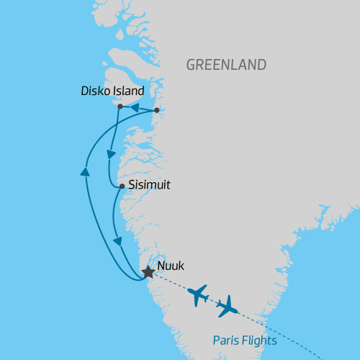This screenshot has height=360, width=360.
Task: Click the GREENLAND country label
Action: coord(226,65)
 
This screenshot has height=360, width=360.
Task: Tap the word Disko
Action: coord(98,91)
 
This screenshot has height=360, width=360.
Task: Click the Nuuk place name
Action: coord(171,266)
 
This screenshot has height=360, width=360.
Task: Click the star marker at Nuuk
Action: coord(148,272)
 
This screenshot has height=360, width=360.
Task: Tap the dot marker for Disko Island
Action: coord(120,107)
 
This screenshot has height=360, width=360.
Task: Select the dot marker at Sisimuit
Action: coord(122,186)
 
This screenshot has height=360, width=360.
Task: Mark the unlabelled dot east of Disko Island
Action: coord(157,110)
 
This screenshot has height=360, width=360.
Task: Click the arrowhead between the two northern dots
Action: coord(134,108)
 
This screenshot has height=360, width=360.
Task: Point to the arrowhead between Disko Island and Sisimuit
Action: coord(111,154)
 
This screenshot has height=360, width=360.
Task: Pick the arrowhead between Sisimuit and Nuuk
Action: coord(117,240)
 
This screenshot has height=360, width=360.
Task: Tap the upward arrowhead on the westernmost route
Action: coord(85,171)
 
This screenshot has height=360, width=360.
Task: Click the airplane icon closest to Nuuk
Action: coord(197,295)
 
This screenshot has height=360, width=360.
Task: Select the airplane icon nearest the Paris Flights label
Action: coord(227,307)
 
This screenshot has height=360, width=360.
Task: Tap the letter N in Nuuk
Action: coord(161,266)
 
